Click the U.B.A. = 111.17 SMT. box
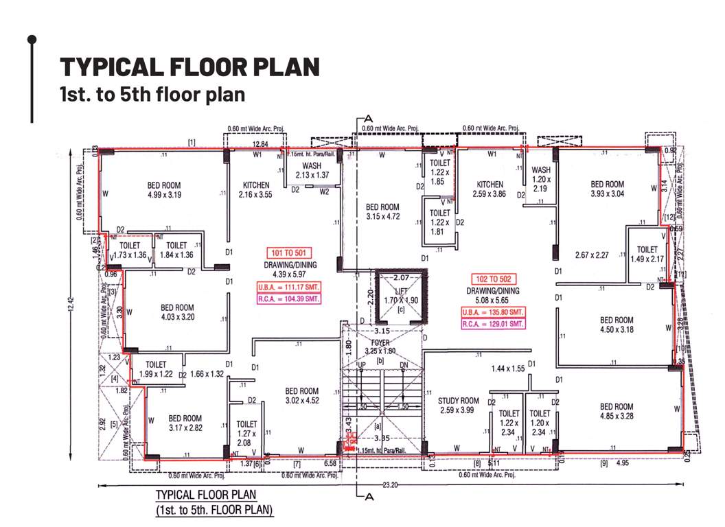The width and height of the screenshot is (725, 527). [x=288, y=287]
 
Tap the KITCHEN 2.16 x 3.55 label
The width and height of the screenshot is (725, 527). [x=256, y=190]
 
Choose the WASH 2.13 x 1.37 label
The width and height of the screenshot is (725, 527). [x=312, y=170]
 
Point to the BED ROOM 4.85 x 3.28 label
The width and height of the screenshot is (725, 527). [x=616, y=411]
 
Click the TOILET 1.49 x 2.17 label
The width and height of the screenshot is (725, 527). [x=647, y=255]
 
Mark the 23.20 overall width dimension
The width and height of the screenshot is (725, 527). [x=390, y=484]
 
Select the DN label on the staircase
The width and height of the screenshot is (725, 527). [x=404, y=365]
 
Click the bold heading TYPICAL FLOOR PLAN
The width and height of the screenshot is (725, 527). [x=190, y=67]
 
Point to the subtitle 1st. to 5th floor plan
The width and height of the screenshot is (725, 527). [x=152, y=94]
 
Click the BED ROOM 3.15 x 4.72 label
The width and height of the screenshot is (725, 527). [x=382, y=212]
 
